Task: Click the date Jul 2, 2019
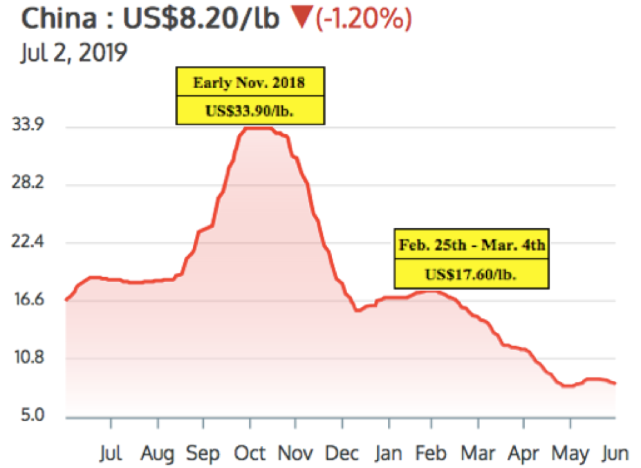point(73,53)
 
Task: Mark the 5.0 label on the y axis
point(30,417)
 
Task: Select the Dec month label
point(342,453)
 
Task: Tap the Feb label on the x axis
point(432,453)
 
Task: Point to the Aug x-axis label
point(157,453)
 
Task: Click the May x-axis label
point(571,453)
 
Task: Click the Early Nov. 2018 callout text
point(249,83)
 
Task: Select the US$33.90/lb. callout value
point(249,111)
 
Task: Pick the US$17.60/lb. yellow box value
point(472,274)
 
